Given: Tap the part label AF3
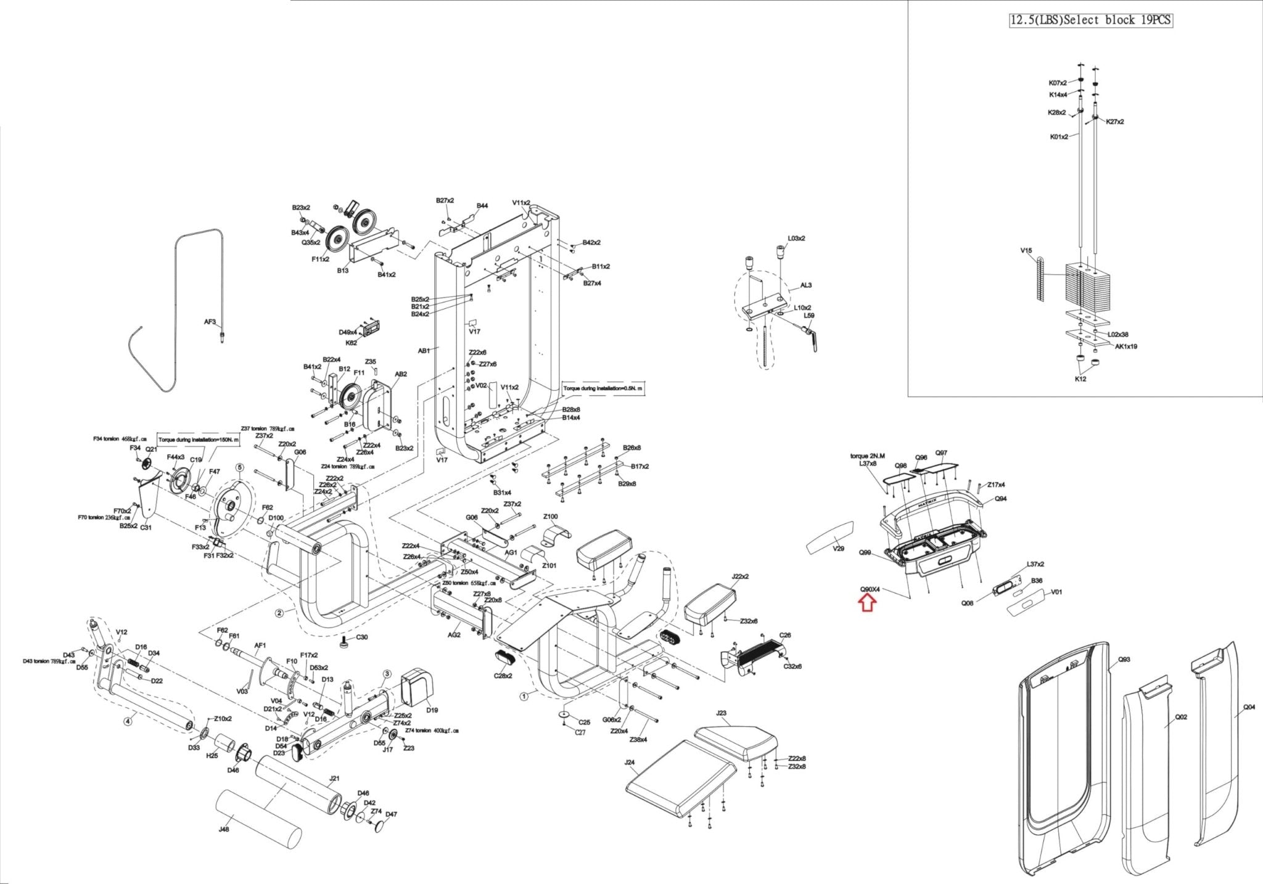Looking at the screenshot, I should [x=210, y=322].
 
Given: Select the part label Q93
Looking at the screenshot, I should [x=1124, y=660].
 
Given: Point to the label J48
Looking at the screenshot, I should [x=224, y=829].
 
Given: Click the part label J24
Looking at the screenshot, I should [x=629, y=763].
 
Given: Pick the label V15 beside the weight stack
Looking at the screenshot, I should [x=1026, y=251].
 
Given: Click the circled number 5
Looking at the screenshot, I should [x=239, y=468].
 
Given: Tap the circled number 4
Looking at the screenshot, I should [x=128, y=720].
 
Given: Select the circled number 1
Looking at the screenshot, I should [x=524, y=697].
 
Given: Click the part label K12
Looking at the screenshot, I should [x=1080, y=379].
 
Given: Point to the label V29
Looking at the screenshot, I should [x=838, y=549].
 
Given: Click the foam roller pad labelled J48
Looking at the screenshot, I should [x=259, y=820].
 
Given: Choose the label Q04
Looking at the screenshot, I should [x=1248, y=707].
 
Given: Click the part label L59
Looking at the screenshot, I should [x=809, y=316].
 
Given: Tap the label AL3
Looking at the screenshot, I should [x=806, y=285].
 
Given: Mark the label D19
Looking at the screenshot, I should [x=432, y=710].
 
